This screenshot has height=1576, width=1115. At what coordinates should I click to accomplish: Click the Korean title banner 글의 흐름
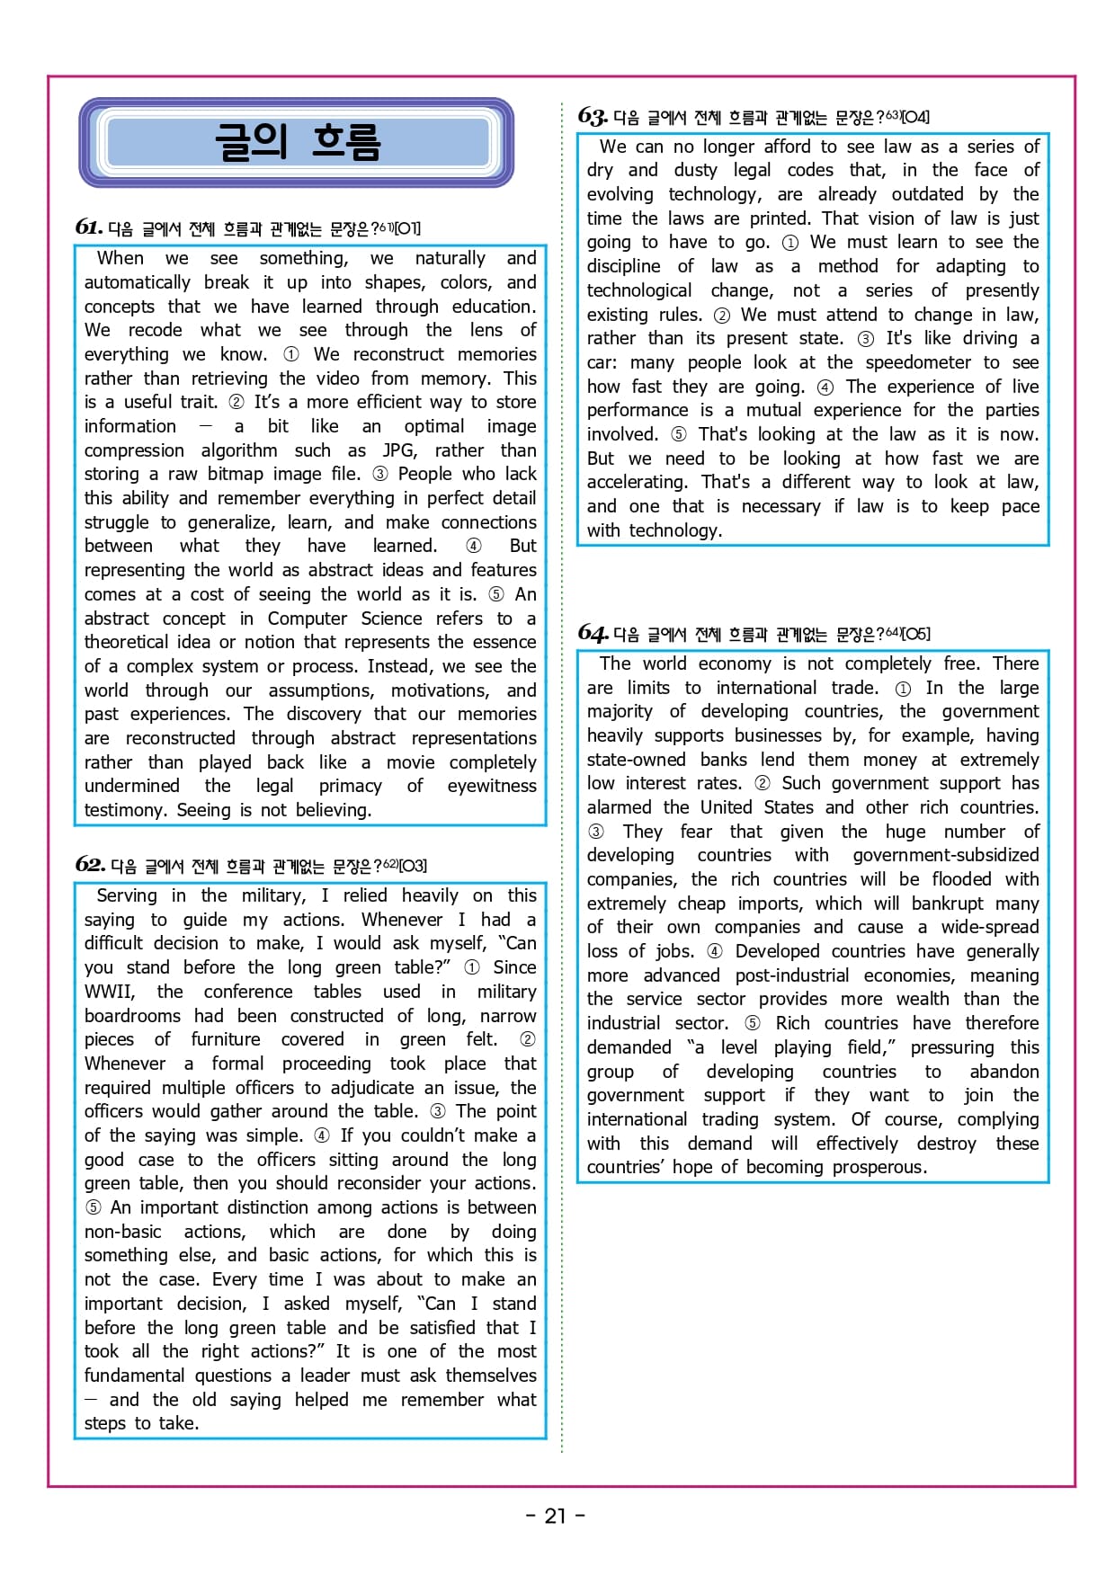[297, 142]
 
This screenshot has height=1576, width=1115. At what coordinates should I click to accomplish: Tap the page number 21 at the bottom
[555, 1516]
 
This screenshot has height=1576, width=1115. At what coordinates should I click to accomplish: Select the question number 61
[88, 227]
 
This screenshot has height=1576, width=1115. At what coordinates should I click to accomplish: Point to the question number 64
[593, 633]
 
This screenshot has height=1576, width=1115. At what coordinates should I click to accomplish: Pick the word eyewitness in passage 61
[491, 787]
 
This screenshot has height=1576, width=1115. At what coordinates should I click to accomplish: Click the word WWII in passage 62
[109, 992]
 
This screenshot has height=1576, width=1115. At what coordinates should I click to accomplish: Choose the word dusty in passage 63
[695, 170]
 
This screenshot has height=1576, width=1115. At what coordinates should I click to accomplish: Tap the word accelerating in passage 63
[636, 483]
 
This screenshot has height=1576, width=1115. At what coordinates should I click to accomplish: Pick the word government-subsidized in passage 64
[945, 855]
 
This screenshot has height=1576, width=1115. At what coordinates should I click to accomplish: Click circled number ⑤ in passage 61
[495, 594]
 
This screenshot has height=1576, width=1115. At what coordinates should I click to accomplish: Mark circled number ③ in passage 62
[438, 1112]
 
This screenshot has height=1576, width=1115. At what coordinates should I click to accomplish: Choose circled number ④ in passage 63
[825, 387]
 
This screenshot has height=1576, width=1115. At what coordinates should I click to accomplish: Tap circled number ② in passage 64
[762, 783]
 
